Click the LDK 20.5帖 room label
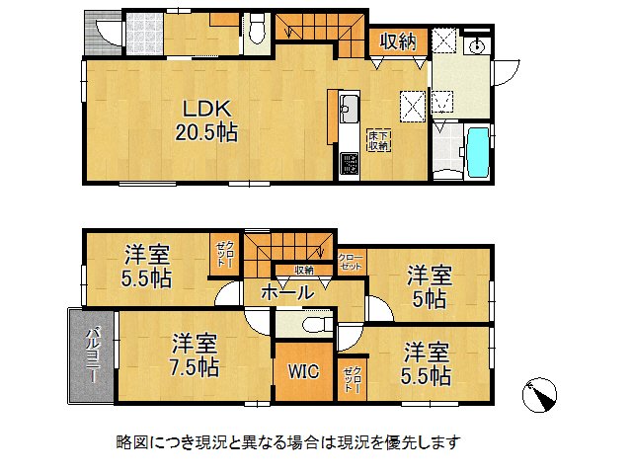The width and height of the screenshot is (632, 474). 207,118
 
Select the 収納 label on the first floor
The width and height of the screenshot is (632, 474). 399,41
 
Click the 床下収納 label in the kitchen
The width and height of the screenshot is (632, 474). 379,139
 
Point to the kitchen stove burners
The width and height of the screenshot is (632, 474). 351,164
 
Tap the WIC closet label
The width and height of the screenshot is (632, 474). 302,371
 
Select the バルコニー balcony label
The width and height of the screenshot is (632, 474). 90,356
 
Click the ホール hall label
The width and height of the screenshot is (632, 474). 287,292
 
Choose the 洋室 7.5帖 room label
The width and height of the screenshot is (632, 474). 194,356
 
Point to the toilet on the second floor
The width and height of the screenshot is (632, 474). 308,325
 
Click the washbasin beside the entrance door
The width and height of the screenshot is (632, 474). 476,45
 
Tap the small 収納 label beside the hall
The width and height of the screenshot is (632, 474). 303,270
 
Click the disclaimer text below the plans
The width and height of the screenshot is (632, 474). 287,441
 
